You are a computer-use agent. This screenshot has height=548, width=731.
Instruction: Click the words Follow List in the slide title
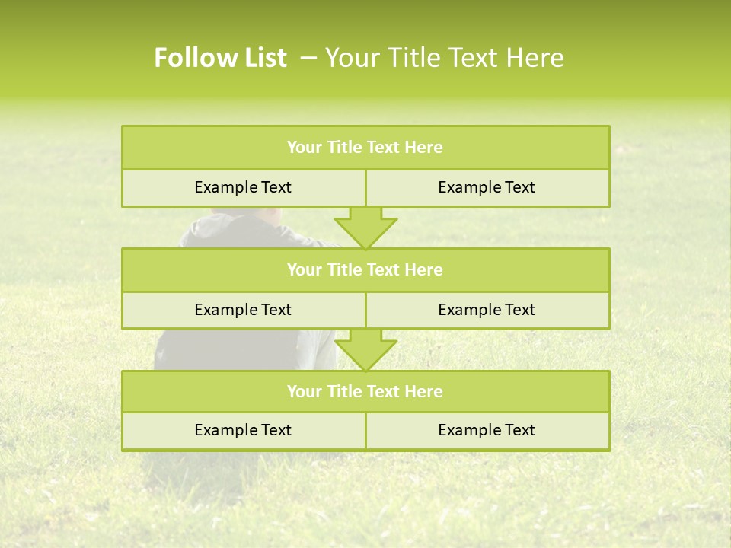coord(220,58)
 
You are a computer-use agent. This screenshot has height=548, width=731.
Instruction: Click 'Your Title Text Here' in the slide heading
coord(444,58)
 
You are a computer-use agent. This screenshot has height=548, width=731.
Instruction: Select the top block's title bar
coord(365,148)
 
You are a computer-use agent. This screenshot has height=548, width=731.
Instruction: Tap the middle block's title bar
coord(365,269)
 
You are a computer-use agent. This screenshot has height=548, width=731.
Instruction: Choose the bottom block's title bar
coord(365,391)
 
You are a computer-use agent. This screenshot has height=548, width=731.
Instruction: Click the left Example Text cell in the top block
coord(243,187)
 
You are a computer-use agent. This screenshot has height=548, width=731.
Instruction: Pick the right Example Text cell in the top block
coord(487,187)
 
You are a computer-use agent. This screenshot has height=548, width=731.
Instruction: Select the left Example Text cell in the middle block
coord(243,310)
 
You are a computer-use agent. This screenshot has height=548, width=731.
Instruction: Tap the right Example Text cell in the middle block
coord(487,310)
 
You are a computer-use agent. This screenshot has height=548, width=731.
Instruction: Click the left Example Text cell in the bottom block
coord(243,430)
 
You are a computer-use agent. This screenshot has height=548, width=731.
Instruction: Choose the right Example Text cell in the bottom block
coord(487,430)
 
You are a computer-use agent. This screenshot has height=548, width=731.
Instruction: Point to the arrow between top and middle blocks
coord(365,227)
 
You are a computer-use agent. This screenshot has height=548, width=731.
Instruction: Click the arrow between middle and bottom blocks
coord(365,349)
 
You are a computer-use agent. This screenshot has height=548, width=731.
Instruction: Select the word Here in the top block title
coord(423,148)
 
